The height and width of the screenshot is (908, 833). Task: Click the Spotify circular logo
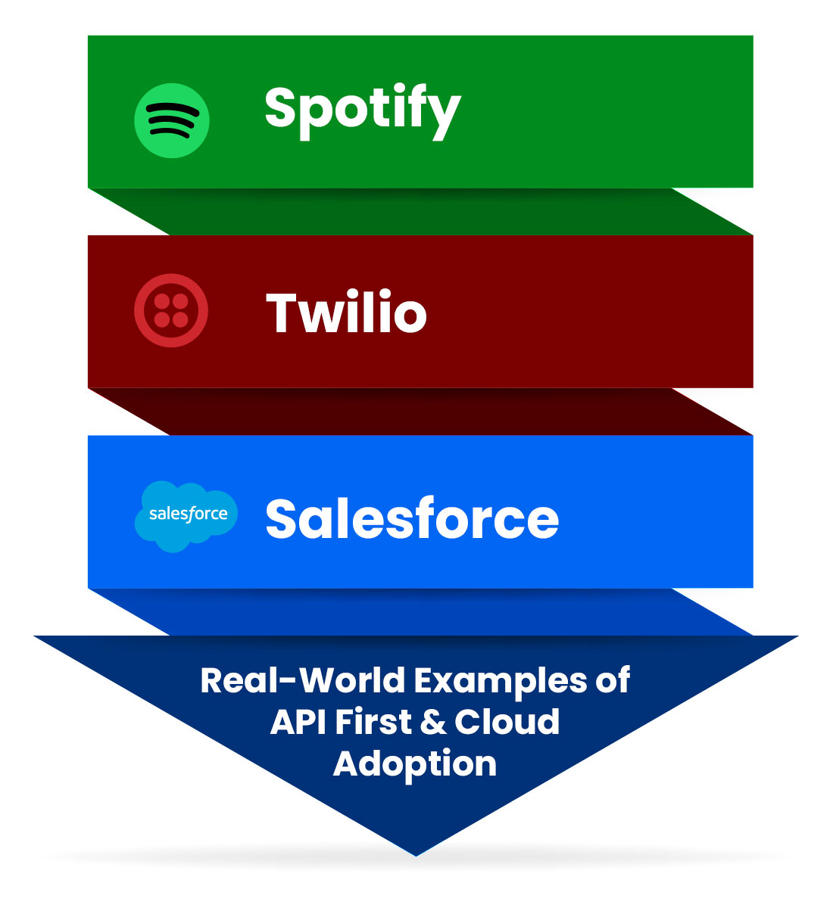click(172, 121)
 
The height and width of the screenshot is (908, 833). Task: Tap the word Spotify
click(362, 110)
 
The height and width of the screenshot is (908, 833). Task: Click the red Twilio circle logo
click(171, 311)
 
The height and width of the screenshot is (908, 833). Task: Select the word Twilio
click(346, 313)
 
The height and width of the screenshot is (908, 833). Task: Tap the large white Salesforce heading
click(412, 519)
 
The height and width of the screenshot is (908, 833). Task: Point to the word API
click(299, 722)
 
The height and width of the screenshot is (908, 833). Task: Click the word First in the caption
click(373, 722)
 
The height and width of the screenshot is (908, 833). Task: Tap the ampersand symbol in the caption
click(432, 723)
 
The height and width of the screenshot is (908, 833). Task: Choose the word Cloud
click(507, 722)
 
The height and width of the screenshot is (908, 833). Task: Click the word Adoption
click(415, 764)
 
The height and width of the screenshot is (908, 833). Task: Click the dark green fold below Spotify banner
click(420, 212)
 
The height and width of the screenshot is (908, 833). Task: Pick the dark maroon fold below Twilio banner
click(420, 412)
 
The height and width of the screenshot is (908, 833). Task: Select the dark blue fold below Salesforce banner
click(420, 611)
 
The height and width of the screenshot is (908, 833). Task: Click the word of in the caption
click(612, 680)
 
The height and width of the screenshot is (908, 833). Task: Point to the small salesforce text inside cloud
click(188, 515)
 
